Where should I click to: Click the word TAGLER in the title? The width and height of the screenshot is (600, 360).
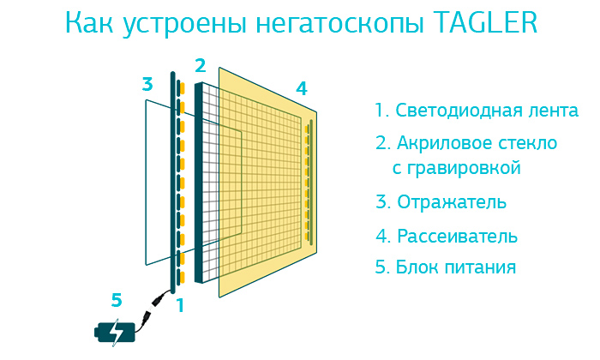[x=486, y=22]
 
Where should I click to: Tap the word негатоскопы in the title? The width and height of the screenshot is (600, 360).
[x=339, y=25]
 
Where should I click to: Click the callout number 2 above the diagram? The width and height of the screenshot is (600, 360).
[x=200, y=66]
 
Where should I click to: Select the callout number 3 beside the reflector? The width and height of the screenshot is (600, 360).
[x=147, y=84]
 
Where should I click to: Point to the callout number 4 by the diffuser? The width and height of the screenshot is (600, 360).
[x=302, y=88]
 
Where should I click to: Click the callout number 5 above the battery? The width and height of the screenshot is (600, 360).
[x=117, y=300]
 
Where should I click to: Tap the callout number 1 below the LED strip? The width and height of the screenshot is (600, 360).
[x=180, y=306]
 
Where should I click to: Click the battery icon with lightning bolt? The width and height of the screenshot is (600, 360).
[x=115, y=333]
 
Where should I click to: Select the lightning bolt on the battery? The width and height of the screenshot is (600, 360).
[x=116, y=333]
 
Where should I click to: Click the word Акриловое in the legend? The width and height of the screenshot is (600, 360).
[x=445, y=143]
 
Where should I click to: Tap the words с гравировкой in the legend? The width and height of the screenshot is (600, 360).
[x=457, y=168]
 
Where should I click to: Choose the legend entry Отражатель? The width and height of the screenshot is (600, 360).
[x=452, y=202]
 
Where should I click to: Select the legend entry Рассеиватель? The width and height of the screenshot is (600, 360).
[x=457, y=236]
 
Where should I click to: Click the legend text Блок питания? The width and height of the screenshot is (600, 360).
[x=455, y=267]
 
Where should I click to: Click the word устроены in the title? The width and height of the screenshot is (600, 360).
[x=185, y=25]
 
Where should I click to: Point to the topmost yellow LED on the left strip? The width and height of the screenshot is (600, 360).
[x=183, y=88]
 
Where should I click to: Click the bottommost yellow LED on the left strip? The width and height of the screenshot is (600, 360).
[x=183, y=277]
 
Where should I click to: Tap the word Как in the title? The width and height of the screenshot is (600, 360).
[x=89, y=23]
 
